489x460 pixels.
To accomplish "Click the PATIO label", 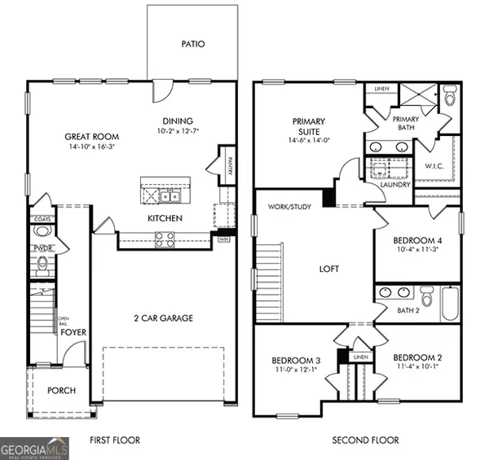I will coord(192,44).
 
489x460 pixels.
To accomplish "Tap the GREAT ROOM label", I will coord(92,137).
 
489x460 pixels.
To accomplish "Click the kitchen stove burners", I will coord(164,239).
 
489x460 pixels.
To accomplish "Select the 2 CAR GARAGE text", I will coord(163,318).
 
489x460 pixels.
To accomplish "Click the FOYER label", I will coord(73,332).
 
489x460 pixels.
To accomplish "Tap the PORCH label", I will coord(61,391).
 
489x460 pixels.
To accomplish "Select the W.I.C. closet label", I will coord(434,166).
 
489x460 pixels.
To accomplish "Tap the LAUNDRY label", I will coord(372,186).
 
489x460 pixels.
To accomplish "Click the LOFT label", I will coord(328,269).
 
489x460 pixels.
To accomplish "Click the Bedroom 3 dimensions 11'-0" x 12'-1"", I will coord(295,370).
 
